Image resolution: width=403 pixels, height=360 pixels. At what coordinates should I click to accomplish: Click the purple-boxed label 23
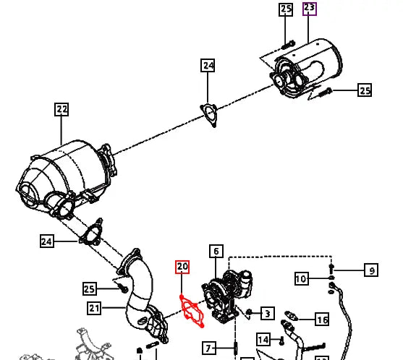pos(309,9)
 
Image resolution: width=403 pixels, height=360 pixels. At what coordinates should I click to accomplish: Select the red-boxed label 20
pos(182,267)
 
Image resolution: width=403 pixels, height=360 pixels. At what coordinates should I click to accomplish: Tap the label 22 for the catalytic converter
pos(61,110)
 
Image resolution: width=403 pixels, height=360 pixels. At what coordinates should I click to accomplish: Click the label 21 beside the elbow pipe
pos(94,309)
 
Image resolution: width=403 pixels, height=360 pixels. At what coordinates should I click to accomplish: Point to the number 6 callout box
pos(216,252)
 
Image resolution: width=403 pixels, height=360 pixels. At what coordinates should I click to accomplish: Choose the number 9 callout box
pos(370,271)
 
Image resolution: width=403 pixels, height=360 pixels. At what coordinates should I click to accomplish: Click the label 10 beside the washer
pos(302,279)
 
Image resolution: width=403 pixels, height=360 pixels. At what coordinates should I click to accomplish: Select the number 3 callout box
pos(267,314)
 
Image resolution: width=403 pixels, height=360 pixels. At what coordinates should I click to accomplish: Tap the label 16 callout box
pos(322,319)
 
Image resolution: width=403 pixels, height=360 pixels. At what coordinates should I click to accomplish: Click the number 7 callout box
pos(208,348)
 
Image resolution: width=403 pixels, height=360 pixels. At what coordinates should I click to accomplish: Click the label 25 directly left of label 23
pos(286,9)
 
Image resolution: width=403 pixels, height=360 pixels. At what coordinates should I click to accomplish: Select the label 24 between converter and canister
pos(208,66)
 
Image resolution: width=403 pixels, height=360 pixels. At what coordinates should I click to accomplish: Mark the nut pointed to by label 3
pos(248,312)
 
